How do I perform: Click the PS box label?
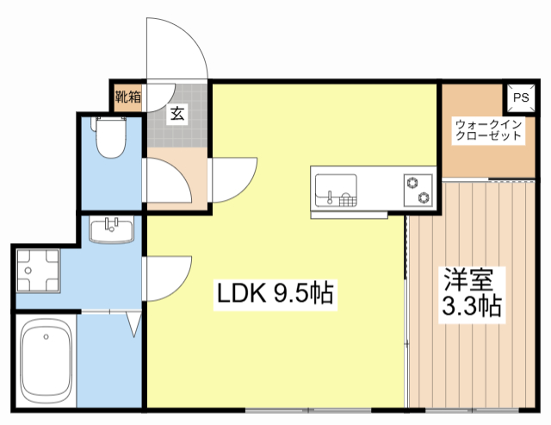(520, 98)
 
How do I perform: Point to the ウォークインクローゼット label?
(488, 129)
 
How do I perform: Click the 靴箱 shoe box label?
(128, 97)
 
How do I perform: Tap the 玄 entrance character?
(176, 113)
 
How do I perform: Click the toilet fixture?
(110, 138)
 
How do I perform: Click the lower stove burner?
(424, 198)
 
